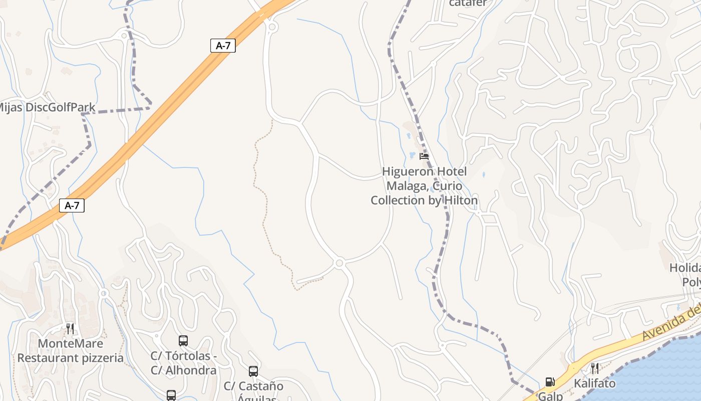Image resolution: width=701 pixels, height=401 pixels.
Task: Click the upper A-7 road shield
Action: [x=223, y=46]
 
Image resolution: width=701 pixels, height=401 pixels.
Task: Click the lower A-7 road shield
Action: [x=72, y=205]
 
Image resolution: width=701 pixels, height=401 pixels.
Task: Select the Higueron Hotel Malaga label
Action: [x=424, y=186]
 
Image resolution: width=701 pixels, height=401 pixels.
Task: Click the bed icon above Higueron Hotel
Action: [x=424, y=156]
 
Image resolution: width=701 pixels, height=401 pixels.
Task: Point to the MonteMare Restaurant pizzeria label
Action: [x=71, y=351]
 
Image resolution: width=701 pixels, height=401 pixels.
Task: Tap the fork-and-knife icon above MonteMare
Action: [x=70, y=329]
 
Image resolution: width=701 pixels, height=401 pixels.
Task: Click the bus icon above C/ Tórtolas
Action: [x=183, y=341]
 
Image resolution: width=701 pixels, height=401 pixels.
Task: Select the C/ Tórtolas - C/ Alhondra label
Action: [x=184, y=363]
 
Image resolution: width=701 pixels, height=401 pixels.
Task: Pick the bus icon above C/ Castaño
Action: [x=253, y=371]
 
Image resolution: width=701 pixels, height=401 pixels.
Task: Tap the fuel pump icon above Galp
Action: [x=550, y=382]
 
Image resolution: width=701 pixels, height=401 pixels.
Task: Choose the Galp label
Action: [x=551, y=396]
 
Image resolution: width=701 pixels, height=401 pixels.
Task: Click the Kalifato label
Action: [x=595, y=383]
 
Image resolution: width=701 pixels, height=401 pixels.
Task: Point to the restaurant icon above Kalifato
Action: [x=594, y=368]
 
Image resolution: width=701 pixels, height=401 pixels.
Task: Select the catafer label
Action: [x=468, y=3]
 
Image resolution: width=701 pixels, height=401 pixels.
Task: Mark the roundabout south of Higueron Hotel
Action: [x=339, y=263]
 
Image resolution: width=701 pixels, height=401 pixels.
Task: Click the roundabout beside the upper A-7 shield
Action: [x=272, y=27]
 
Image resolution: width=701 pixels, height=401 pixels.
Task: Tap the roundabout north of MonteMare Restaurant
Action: [x=104, y=293]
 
